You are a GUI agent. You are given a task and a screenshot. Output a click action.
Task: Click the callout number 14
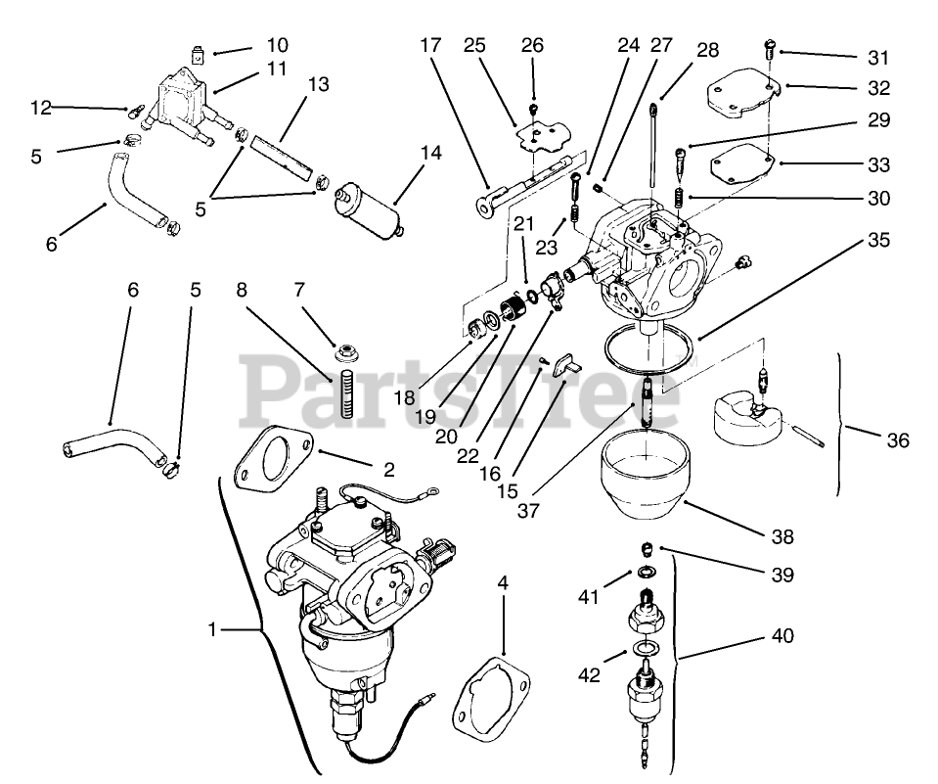tap(431, 153)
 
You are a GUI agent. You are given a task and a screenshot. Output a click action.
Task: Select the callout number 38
tap(782, 536)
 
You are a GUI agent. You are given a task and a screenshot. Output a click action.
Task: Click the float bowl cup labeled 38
tap(638, 480)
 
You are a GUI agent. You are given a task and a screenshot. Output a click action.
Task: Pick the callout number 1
tap(212, 630)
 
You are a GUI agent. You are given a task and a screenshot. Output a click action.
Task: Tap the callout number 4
tap(503, 583)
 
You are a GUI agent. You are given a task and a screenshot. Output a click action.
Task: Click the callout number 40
tap(782, 636)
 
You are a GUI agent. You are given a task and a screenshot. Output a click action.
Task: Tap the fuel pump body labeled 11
tap(183, 103)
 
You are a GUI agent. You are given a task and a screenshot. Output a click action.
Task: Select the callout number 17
tap(431, 46)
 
